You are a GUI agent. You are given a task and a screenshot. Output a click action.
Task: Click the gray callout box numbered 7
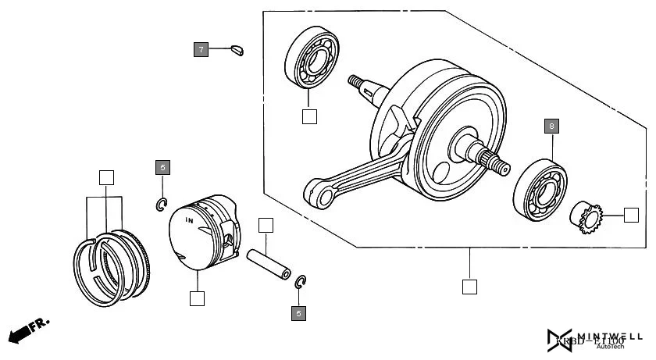point(201,50)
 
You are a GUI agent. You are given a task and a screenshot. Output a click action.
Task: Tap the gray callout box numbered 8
point(552,126)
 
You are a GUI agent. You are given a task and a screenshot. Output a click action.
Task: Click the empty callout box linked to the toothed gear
point(631,215)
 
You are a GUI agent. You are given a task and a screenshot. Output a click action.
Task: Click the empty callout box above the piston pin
point(266,226)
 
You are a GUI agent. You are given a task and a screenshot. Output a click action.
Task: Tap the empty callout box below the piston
point(197,298)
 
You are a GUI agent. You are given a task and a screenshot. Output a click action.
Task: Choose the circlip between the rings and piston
point(161,205)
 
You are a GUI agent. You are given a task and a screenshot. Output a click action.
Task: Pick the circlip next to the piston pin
point(301,282)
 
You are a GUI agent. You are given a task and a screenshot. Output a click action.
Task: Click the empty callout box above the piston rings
point(106,177)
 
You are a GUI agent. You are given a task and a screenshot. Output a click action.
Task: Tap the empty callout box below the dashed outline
point(469,286)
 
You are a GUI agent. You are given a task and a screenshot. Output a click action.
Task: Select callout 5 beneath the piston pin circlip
point(298,313)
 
